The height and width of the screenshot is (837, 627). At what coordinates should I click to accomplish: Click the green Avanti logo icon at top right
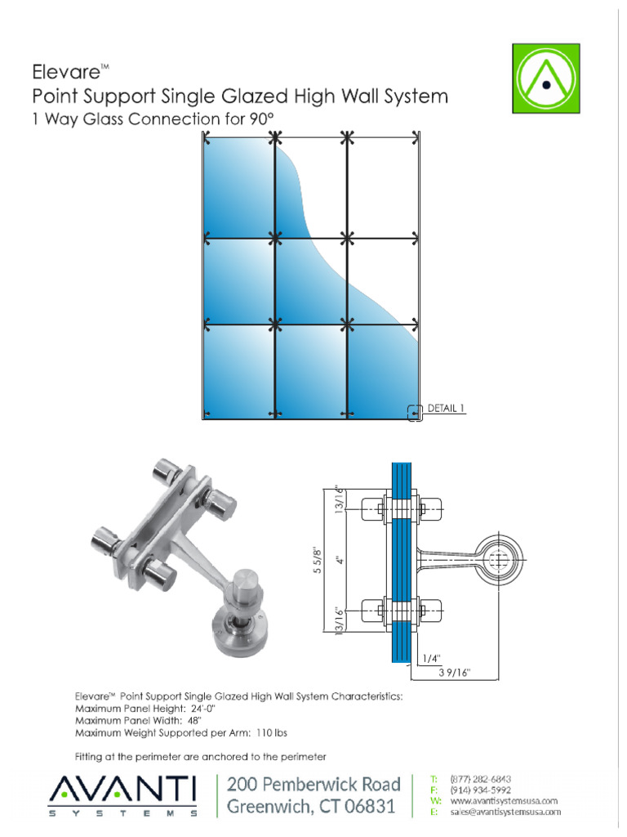point(545,78)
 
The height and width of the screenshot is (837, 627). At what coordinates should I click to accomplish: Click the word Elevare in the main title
point(64,71)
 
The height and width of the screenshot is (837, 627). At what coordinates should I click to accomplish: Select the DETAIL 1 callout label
point(445,407)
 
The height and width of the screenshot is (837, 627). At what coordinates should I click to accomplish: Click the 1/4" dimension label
point(430,656)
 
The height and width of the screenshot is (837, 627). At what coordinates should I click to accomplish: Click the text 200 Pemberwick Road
point(313,784)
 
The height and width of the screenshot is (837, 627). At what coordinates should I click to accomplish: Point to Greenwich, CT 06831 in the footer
point(311,808)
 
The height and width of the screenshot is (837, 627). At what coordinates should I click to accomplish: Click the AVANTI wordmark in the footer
point(123,790)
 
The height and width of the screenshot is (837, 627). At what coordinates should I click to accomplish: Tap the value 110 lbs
point(269,732)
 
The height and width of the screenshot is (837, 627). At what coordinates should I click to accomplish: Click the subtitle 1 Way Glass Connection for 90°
point(151,120)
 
